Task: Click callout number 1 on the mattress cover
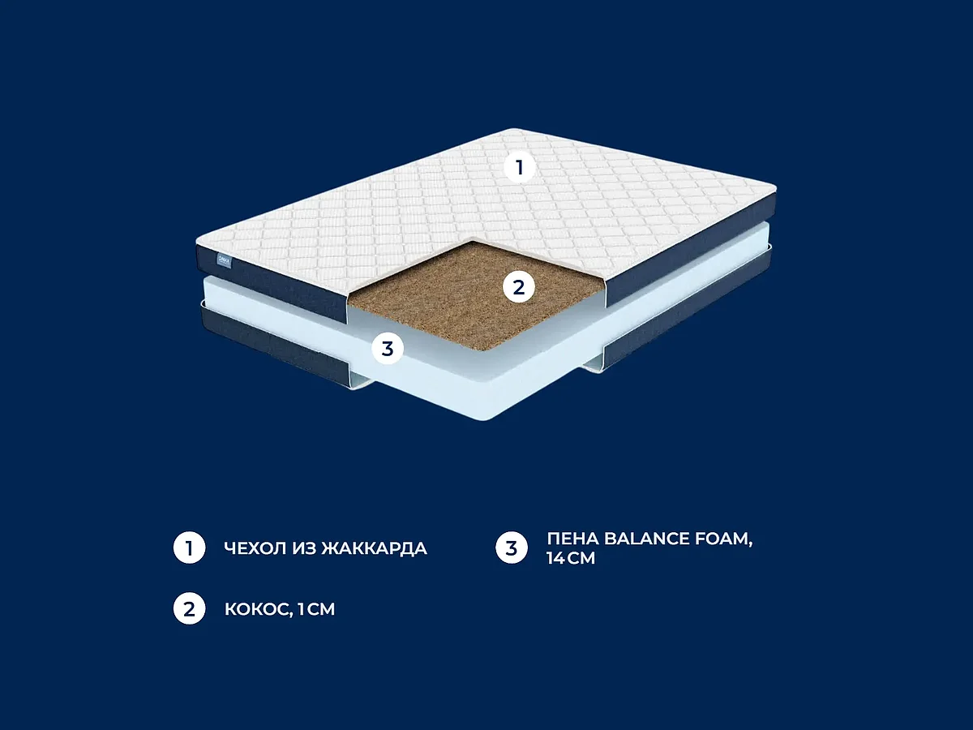point(520,168)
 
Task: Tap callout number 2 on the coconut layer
point(519,287)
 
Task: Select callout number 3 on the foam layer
point(388,349)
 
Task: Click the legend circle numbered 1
point(189,547)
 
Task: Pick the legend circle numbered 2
point(189,608)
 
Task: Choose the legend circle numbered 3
point(512,547)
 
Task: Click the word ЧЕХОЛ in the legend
point(255,548)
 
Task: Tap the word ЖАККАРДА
point(375,549)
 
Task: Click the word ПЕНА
point(572,539)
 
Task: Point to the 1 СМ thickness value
point(316,609)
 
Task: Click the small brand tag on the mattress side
point(224,260)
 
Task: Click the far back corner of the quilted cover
point(513,129)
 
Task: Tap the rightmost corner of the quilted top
point(776,187)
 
